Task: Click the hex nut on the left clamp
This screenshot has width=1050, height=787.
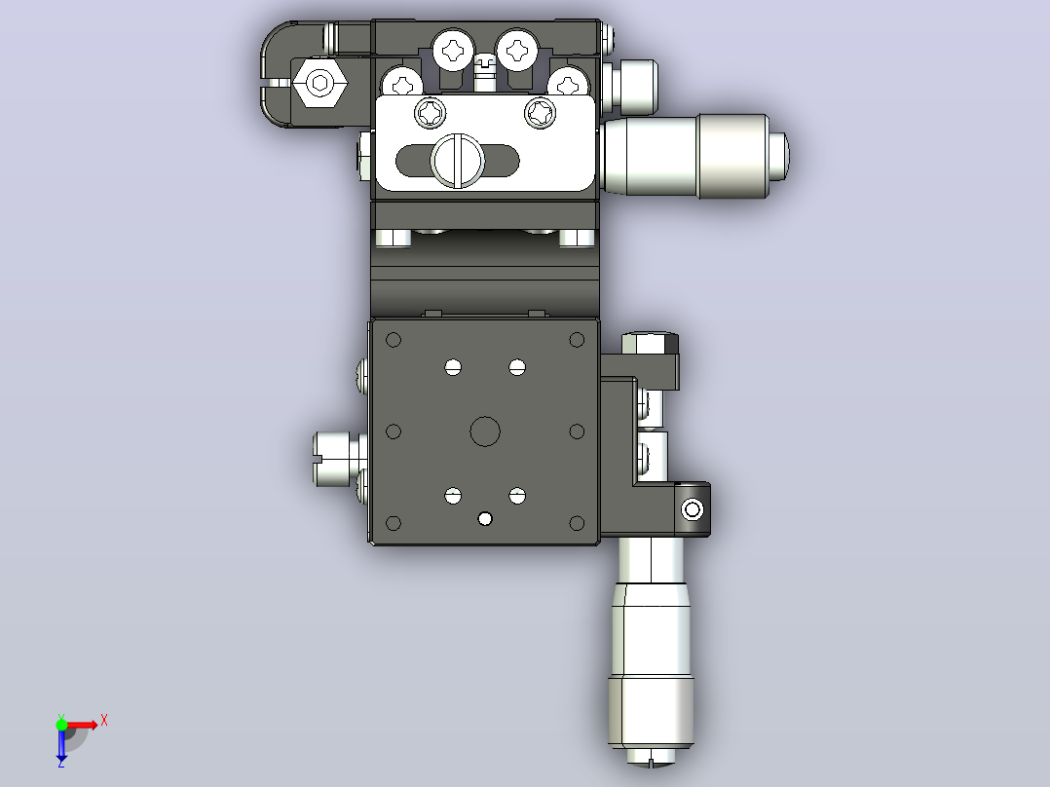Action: (x=320, y=83)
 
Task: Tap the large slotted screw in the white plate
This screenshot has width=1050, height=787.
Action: (x=458, y=161)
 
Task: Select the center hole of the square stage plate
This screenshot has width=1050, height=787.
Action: (x=485, y=431)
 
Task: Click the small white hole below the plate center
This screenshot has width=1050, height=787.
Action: (x=485, y=519)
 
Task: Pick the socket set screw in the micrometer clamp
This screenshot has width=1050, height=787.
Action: (x=693, y=509)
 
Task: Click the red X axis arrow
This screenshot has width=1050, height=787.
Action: (x=83, y=725)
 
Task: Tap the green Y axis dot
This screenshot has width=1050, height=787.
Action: (x=61, y=725)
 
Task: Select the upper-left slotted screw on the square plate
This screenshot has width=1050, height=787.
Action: (x=453, y=367)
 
